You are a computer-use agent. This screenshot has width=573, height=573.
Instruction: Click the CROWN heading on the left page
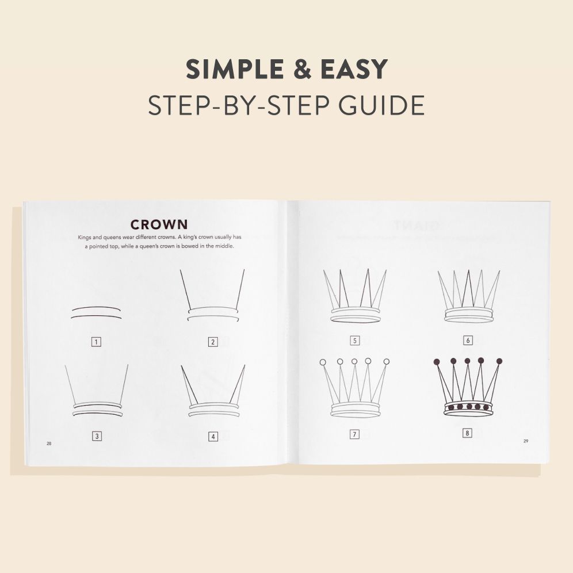click(x=159, y=224)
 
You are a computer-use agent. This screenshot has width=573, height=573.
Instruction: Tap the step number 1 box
click(x=96, y=342)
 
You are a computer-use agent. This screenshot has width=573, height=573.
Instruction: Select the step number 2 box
click(x=213, y=342)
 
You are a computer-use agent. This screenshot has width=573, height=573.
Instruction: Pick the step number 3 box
click(x=97, y=436)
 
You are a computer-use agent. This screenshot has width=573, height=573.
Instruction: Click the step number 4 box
click(x=213, y=436)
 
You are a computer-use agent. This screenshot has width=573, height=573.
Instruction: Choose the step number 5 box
click(x=355, y=341)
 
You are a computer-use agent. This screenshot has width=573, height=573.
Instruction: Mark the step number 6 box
click(x=468, y=340)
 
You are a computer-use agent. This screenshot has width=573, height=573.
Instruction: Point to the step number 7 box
click(x=354, y=434)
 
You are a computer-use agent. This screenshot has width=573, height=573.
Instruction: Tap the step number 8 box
click(x=467, y=433)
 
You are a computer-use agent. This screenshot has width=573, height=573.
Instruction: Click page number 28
click(x=49, y=444)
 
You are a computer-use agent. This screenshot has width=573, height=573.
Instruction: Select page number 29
click(x=526, y=441)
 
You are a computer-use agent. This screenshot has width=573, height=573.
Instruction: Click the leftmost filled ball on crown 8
click(x=437, y=362)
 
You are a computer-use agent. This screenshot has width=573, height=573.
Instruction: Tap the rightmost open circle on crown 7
click(x=387, y=362)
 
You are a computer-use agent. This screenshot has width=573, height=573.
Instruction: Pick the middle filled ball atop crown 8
click(x=467, y=361)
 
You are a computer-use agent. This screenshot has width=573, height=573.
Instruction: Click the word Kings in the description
click(x=85, y=237)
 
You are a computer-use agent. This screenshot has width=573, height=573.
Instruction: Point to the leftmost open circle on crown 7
click(x=323, y=362)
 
